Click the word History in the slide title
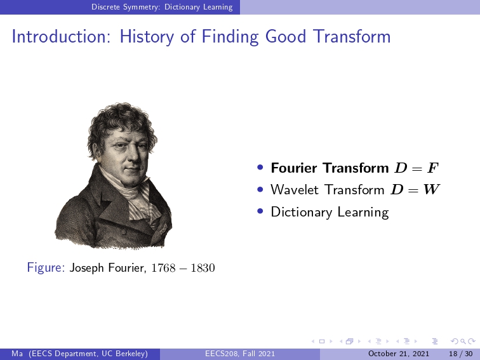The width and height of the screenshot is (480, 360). (x=147, y=37)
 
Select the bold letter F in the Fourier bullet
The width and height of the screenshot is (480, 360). (x=433, y=168)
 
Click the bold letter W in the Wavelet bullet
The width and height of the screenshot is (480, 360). (x=432, y=189)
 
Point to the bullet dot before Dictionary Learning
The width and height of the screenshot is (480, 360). (x=260, y=211)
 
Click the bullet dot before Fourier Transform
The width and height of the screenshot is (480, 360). (x=260, y=167)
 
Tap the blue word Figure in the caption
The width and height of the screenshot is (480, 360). (x=46, y=268)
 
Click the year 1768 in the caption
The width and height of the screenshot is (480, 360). (x=163, y=268)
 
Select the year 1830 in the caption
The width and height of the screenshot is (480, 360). (x=203, y=268)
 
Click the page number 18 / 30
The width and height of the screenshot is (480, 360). (x=461, y=354)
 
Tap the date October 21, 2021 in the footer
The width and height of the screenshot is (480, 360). (x=399, y=354)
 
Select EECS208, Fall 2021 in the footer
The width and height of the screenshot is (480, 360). (x=240, y=354)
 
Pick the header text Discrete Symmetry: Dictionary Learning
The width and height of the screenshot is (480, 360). (x=162, y=7)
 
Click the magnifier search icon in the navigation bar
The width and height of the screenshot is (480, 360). (x=463, y=342)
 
